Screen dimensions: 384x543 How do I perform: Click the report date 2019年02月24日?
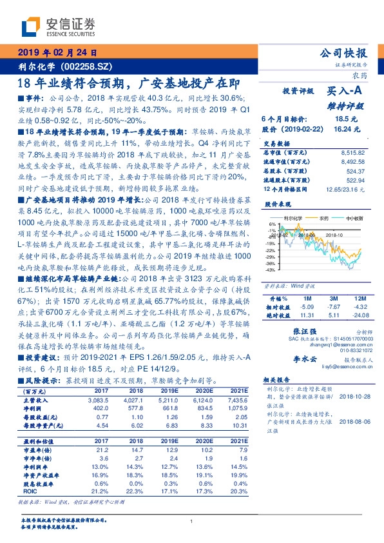click(56, 53)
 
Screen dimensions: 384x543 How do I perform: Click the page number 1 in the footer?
click(192, 521)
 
